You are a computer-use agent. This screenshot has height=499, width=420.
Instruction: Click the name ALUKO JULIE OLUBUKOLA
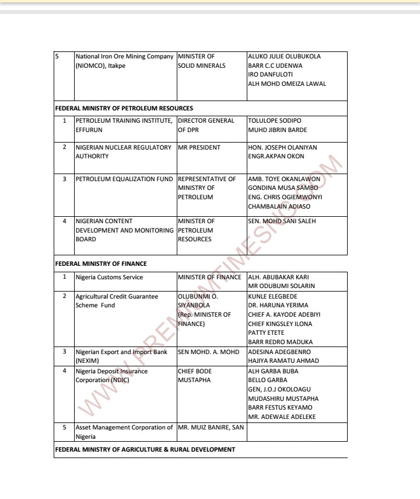(284, 57)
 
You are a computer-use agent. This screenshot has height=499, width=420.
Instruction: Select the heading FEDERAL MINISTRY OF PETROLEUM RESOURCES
(124, 108)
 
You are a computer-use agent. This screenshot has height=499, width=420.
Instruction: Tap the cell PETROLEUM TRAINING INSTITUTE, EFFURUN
(124, 125)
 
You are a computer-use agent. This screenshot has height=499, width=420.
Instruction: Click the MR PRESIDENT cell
(199, 148)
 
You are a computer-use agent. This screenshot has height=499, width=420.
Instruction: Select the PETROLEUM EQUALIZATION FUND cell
(124, 179)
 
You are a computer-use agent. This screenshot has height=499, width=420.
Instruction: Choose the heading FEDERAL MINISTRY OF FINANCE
(101, 264)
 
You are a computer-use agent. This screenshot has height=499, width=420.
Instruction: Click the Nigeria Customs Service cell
(109, 277)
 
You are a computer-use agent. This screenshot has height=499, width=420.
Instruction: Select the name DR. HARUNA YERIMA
(278, 305)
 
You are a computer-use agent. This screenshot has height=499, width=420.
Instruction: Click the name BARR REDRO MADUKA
(280, 342)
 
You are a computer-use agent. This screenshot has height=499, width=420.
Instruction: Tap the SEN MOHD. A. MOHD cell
(208, 352)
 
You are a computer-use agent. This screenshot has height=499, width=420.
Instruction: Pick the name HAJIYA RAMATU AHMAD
(283, 361)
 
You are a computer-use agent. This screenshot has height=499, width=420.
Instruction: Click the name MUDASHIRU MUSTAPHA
(283, 398)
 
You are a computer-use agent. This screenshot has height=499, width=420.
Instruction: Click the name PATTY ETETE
(266, 332)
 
